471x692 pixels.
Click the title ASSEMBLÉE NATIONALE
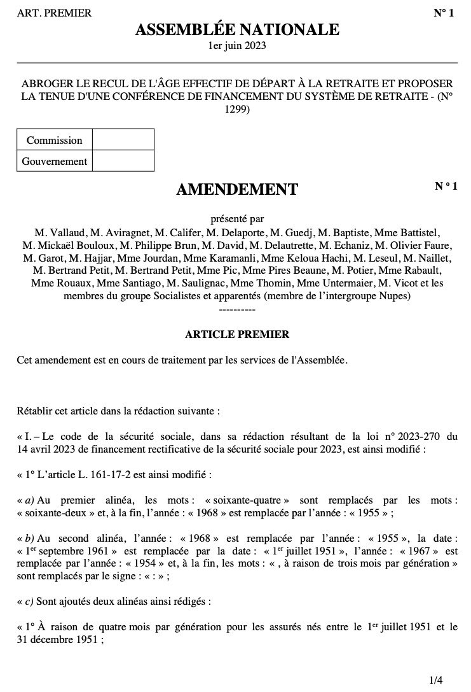(237, 29)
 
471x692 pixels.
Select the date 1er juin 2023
(237, 46)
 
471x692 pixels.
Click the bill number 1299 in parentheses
(236, 109)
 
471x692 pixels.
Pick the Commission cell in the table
(55, 140)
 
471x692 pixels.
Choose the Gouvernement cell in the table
(55, 161)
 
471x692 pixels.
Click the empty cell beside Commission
(123, 140)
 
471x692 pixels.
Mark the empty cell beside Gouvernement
(123, 161)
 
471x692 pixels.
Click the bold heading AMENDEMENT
(236, 189)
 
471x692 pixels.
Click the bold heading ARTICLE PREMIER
(236, 334)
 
